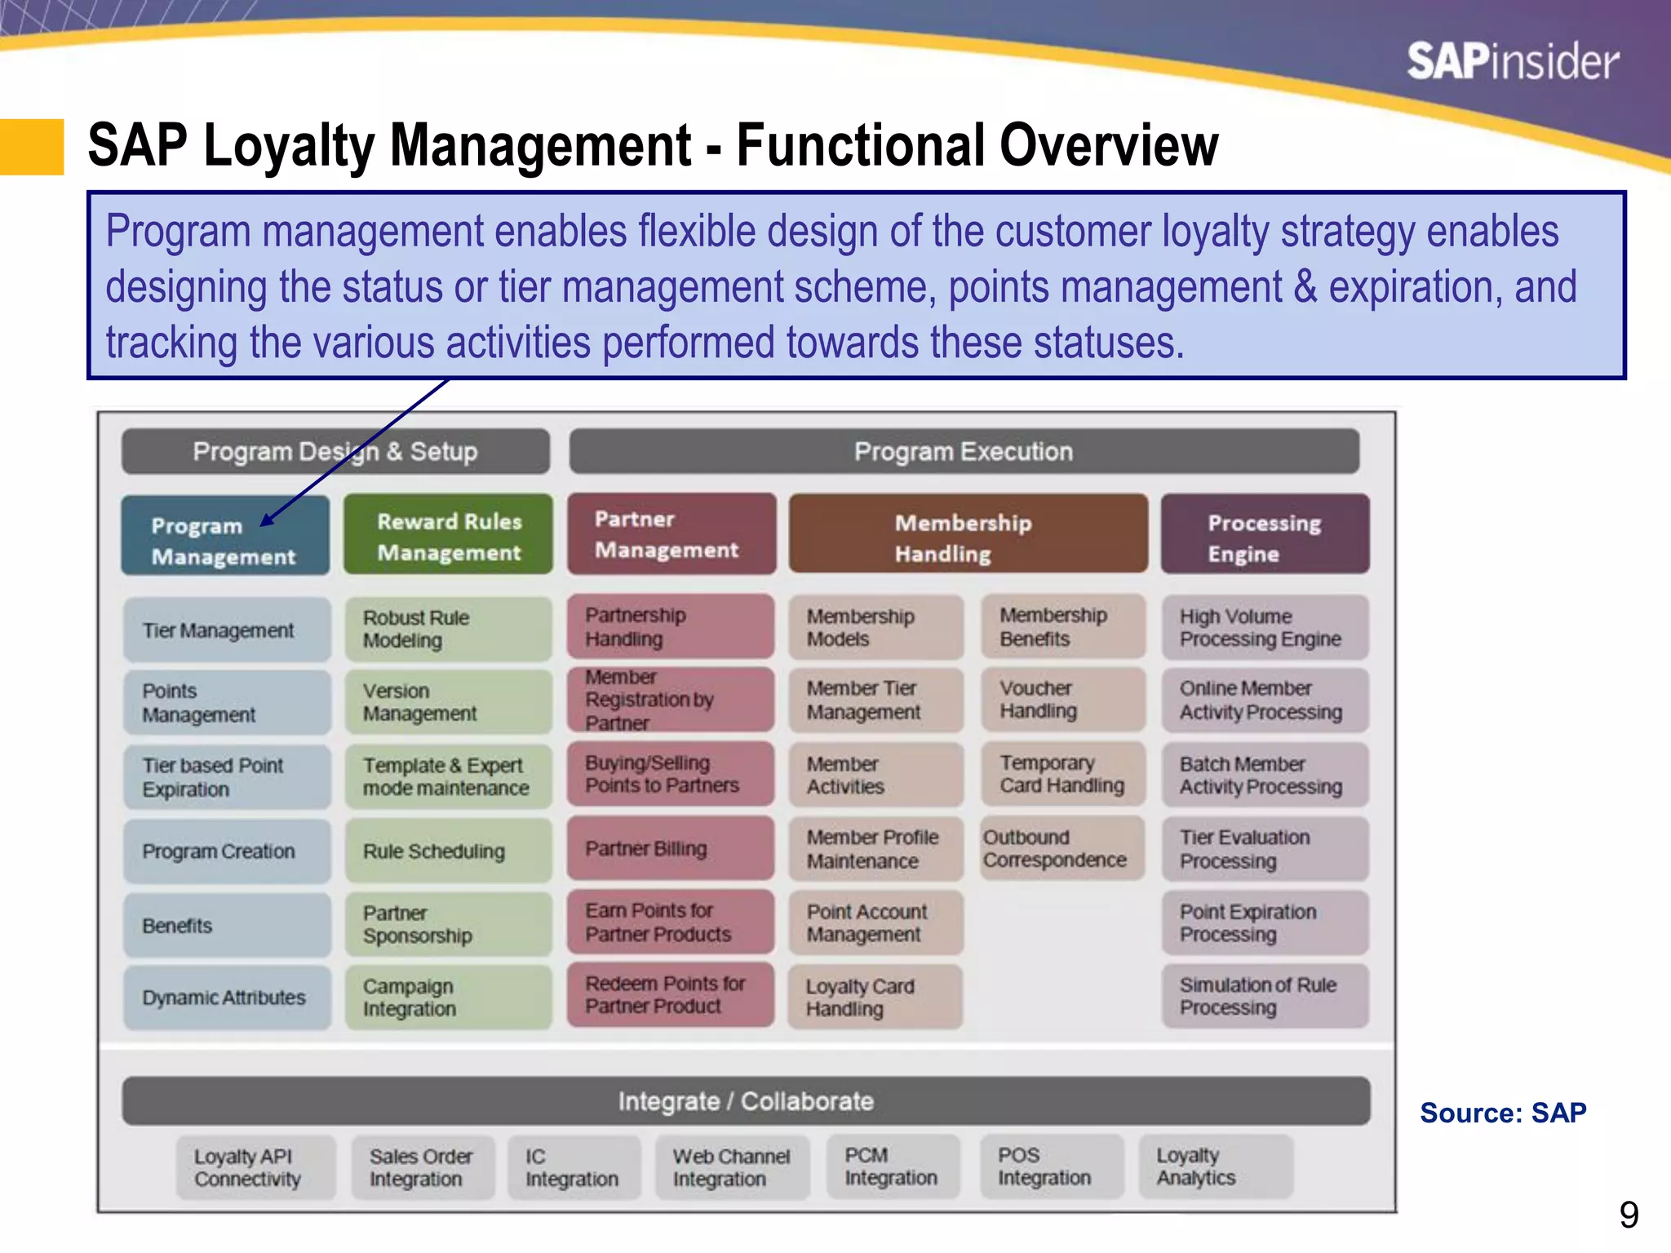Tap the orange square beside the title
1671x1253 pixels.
coord(31,147)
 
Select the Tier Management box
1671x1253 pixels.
coord(226,630)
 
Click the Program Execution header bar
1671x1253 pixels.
coord(964,451)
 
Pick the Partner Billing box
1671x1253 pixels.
coord(670,848)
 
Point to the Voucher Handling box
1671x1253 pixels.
coord(1062,700)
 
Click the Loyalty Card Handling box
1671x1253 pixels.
coord(875,997)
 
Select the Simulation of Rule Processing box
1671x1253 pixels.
coord(1264,996)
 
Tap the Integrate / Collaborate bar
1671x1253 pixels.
coord(745,1101)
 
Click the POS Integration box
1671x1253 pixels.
coord(1051,1167)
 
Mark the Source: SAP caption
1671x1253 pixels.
coord(1503,1113)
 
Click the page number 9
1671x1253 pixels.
coord(1629,1215)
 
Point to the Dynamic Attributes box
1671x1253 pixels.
coord(226,997)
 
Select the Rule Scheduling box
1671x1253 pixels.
coord(448,851)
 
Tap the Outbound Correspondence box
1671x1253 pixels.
coord(1062,848)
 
